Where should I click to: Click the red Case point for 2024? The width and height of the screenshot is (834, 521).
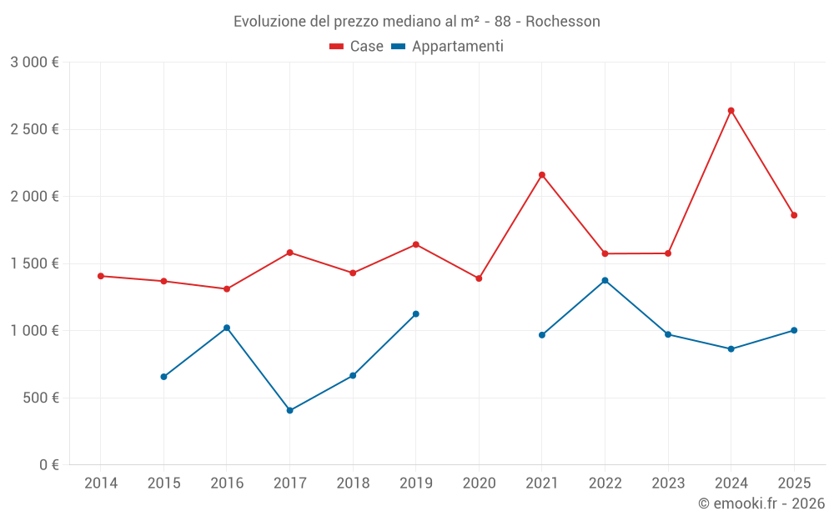click(731, 110)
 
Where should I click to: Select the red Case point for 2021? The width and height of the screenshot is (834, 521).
click(541, 175)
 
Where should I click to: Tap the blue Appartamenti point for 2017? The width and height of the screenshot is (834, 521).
click(289, 410)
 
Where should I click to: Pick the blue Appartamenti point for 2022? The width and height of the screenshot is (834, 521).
click(605, 280)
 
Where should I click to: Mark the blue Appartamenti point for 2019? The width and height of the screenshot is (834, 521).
click(415, 314)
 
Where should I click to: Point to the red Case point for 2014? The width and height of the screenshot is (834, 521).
click(101, 276)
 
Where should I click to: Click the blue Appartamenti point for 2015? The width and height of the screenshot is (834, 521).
click(163, 377)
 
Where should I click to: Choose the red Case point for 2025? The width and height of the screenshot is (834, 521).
click(794, 215)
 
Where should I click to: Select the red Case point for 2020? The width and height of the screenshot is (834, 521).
click(479, 278)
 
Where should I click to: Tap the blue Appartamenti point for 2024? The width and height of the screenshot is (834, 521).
click(731, 348)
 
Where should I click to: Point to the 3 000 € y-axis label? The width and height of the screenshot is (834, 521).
click(34, 63)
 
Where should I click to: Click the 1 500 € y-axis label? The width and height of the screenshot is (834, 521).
click(34, 263)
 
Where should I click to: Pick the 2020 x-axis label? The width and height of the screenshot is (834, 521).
click(479, 483)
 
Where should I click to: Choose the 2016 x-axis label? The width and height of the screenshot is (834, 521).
click(227, 483)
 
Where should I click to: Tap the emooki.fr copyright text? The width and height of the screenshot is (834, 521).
click(761, 503)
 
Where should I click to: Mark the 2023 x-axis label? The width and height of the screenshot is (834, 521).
click(668, 483)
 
